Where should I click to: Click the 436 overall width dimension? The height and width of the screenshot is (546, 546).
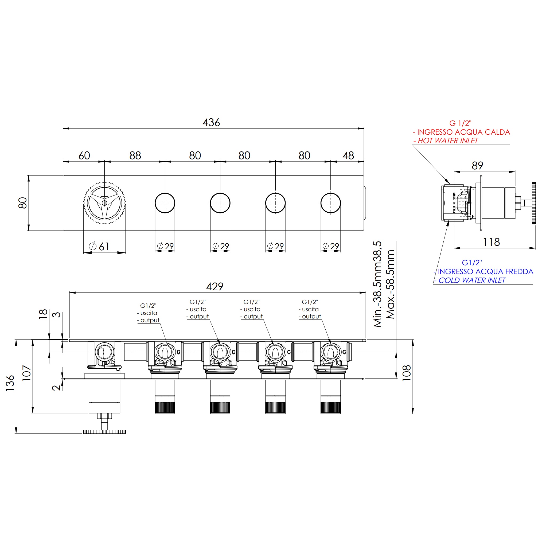pyautogui.click(x=211, y=122)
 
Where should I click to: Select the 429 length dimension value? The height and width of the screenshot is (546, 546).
pyautogui.click(x=214, y=287)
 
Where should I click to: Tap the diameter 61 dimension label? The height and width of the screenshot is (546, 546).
pyautogui.click(x=99, y=247)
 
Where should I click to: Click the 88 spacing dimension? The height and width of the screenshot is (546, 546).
pyautogui.click(x=135, y=155)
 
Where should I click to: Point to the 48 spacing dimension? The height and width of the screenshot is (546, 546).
pyautogui.click(x=348, y=155)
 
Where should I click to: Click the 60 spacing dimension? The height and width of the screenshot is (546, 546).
pyautogui.click(x=84, y=155)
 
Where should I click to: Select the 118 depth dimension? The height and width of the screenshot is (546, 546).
pyautogui.click(x=491, y=242)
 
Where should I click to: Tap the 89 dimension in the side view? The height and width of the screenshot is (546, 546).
pyautogui.click(x=477, y=166)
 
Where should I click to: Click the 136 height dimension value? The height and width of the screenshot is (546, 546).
pyautogui.click(x=10, y=383)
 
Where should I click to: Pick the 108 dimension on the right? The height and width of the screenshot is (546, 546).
pyautogui.click(x=406, y=373)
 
